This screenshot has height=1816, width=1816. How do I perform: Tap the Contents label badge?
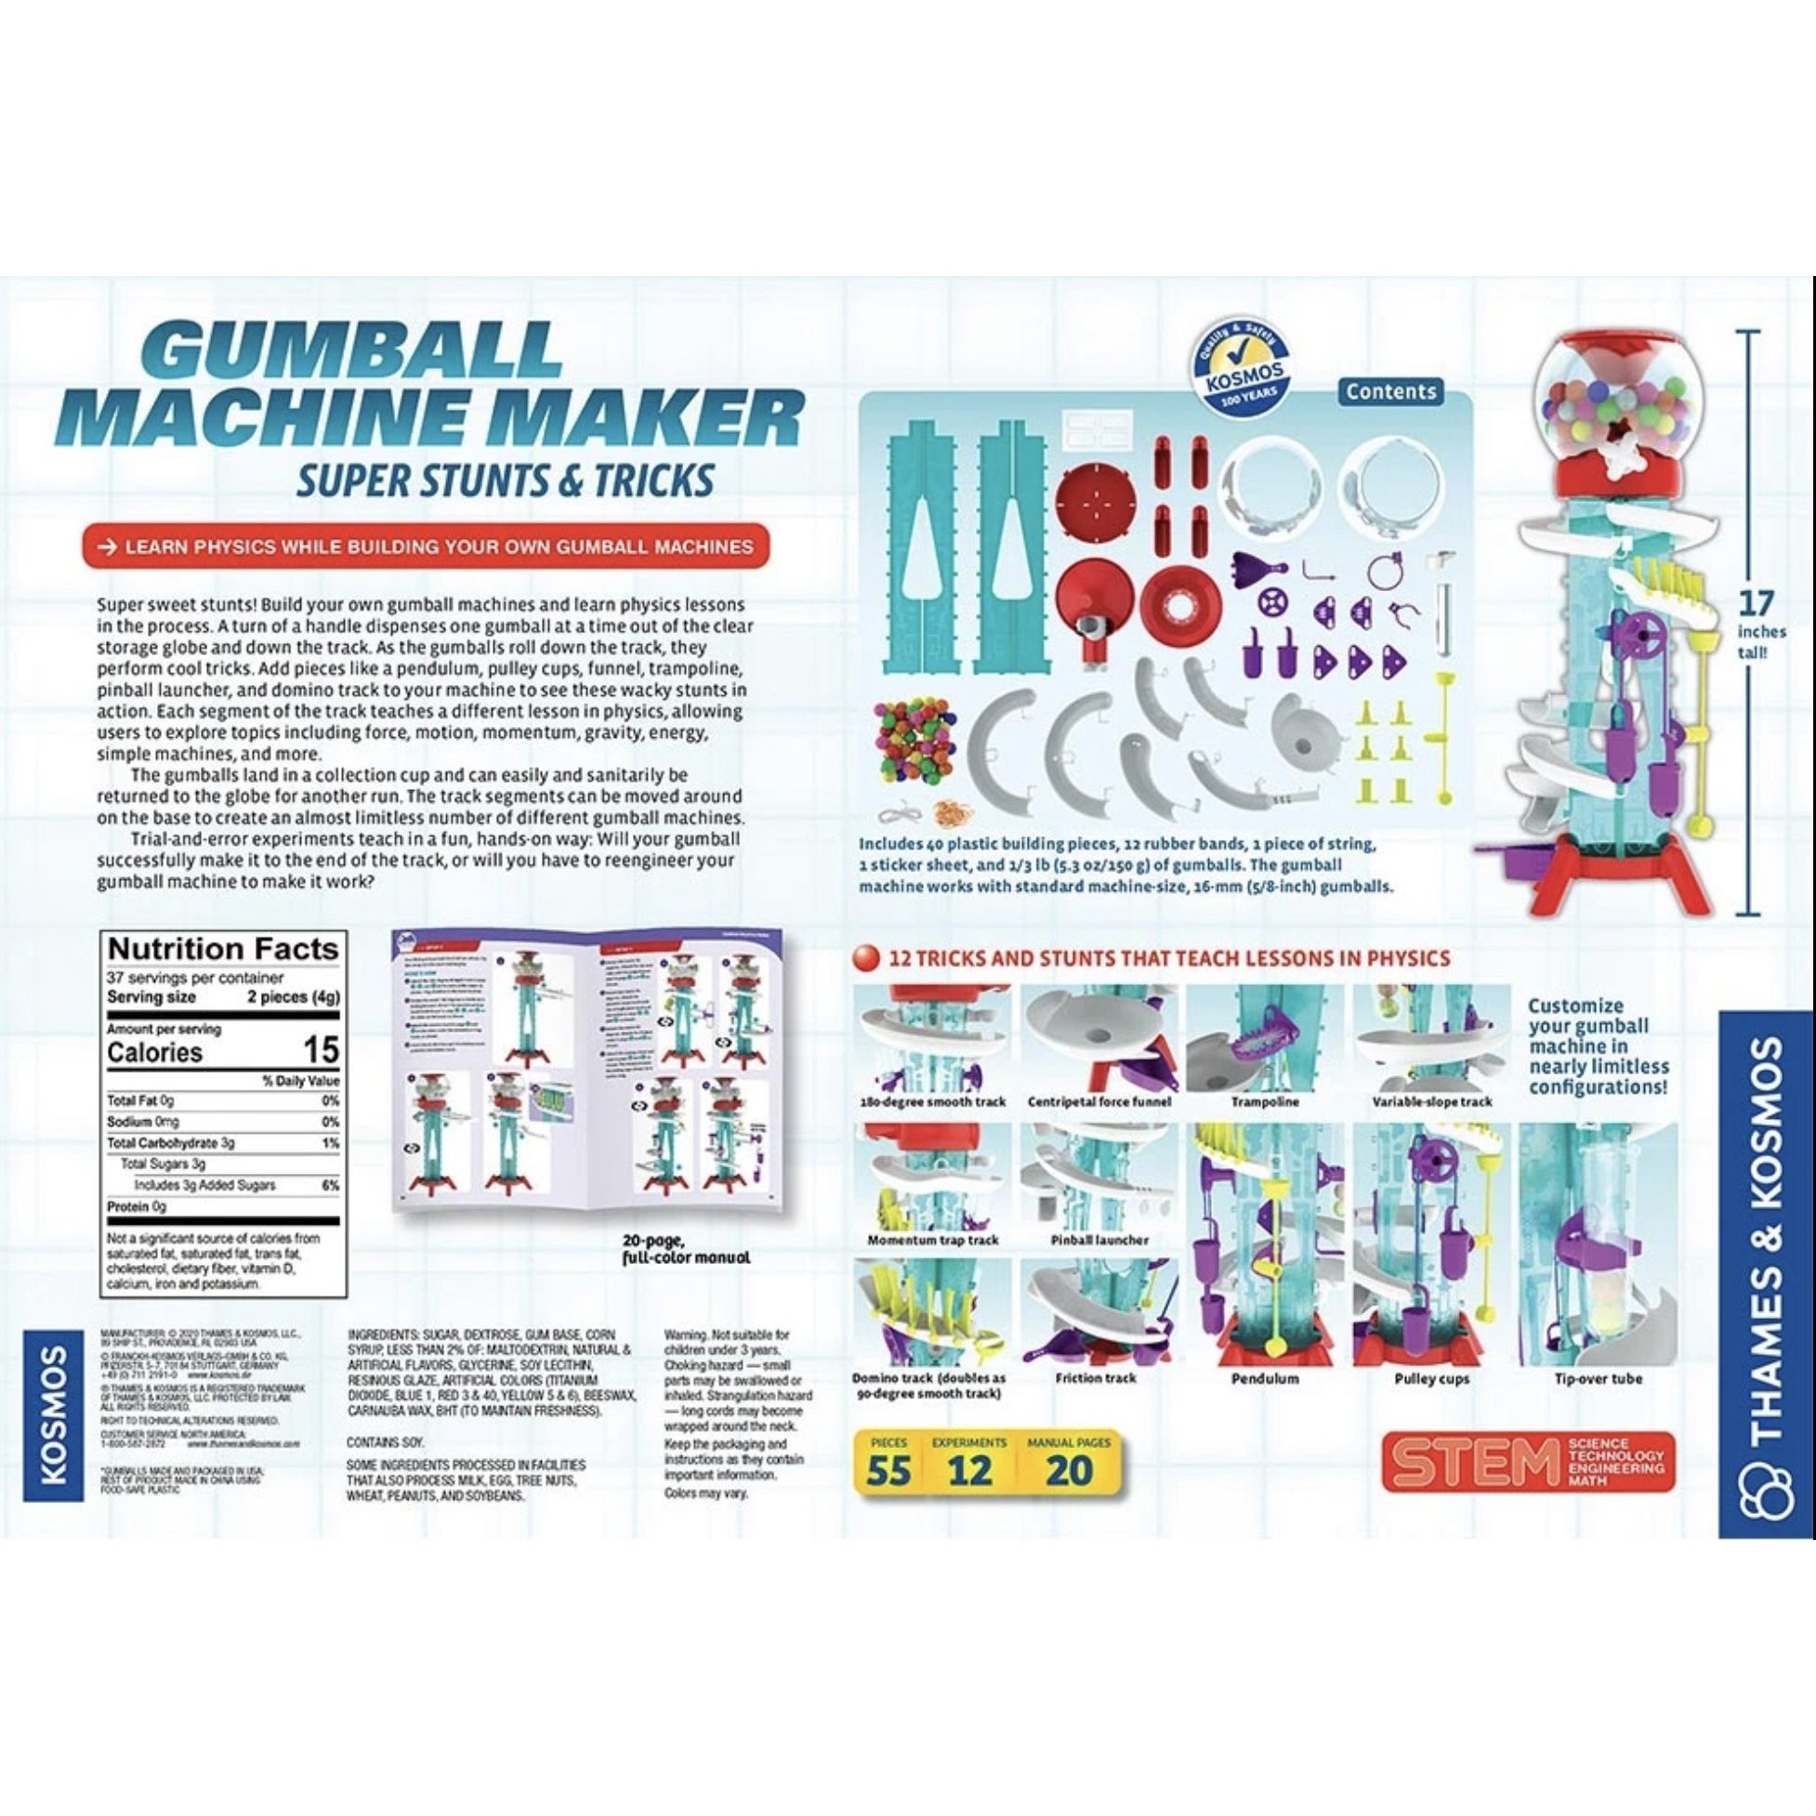[1390, 391]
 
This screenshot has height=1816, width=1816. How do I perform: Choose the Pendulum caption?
[1264, 1379]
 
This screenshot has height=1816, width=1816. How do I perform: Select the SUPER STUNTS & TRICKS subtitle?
[504, 480]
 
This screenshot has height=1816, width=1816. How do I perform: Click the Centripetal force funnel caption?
[1098, 1101]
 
